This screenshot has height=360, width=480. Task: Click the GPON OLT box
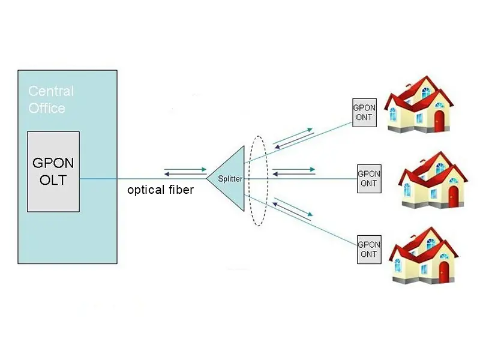(53, 171)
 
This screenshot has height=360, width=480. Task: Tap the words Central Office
(50, 100)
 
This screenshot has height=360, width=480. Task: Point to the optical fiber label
(160, 190)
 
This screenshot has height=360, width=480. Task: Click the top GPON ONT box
(364, 113)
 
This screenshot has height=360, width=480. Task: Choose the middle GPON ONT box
(369, 179)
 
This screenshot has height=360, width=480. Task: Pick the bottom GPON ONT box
(369, 249)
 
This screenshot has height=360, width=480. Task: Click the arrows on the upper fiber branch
(293, 137)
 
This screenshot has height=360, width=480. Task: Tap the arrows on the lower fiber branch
(293, 210)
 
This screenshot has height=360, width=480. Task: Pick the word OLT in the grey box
(53, 180)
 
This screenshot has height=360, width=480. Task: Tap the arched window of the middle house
(441, 169)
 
